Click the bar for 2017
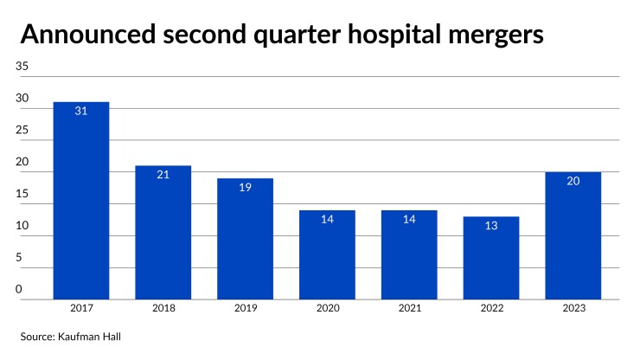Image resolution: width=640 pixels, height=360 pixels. (x=81, y=201)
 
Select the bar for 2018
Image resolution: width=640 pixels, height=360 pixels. (x=163, y=232)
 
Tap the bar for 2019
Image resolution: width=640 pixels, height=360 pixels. (x=245, y=239)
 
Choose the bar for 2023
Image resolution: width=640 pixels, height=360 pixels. (x=573, y=235)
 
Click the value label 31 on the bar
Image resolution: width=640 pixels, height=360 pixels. (x=81, y=112)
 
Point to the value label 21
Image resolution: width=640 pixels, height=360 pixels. (x=163, y=175)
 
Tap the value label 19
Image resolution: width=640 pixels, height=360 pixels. (x=245, y=188)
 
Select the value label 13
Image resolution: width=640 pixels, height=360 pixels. (x=491, y=226)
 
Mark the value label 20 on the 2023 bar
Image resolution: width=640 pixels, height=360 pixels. (x=573, y=182)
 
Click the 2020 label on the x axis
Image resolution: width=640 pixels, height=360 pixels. (x=327, y=308)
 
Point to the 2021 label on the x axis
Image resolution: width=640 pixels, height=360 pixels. (x=409, y=308)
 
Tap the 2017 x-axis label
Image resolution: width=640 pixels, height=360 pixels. (x=81, y=308)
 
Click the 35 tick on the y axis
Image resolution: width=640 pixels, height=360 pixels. (x=22, y=67)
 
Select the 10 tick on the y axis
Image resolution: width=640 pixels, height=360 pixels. (x=22, y=227)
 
